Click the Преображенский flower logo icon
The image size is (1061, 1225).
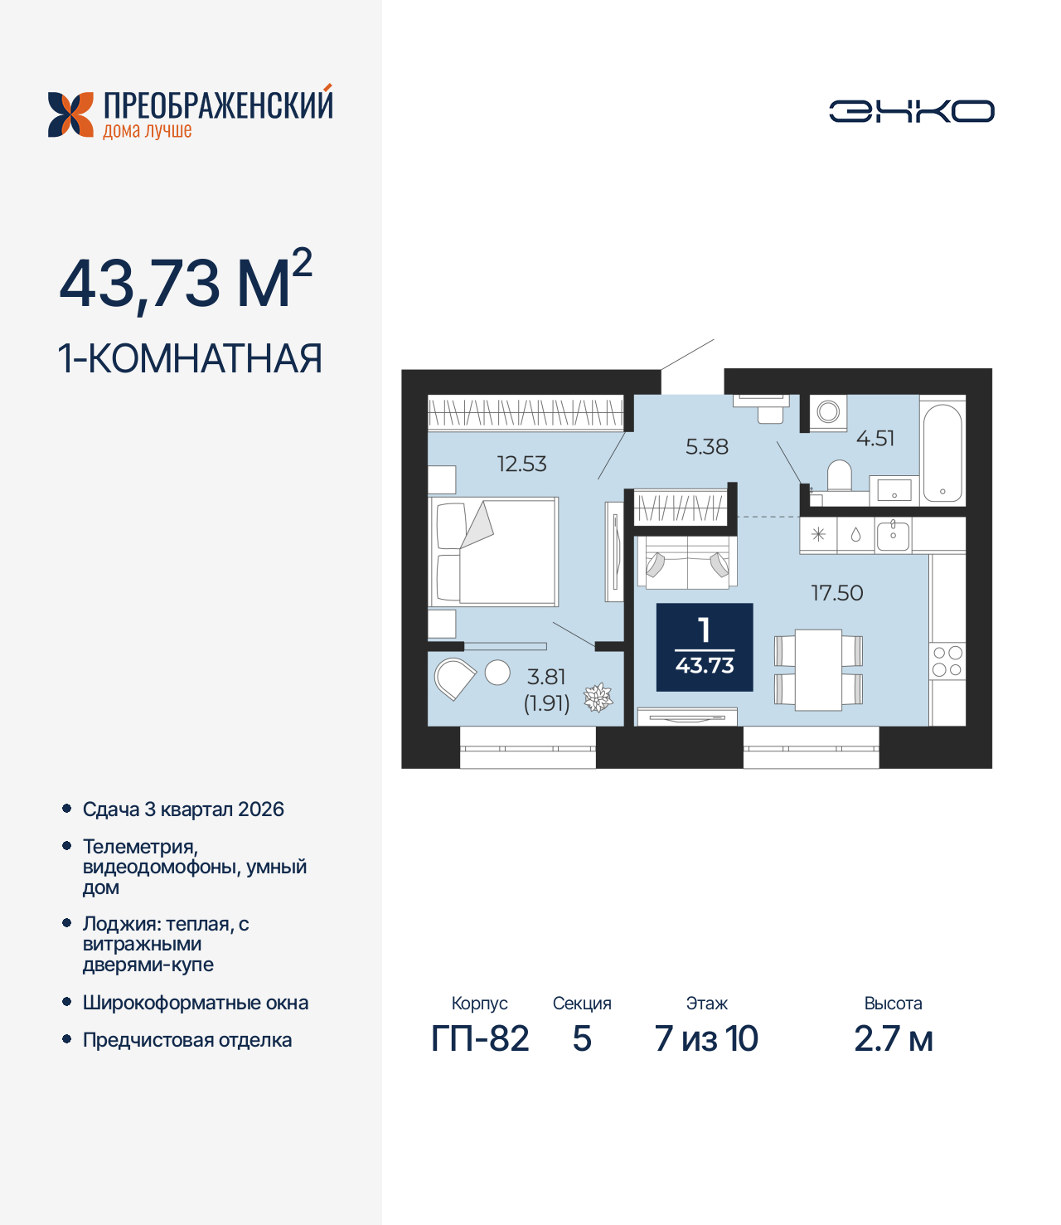[x=70, y=114]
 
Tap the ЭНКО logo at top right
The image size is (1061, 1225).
[x=911, y=111]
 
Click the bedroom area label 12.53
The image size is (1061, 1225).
[x=521, y=464]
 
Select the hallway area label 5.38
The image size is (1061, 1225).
[x=706, y=447]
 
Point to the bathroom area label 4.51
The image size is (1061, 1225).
[x=874, y=438]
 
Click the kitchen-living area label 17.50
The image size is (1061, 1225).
[x=836, y=593]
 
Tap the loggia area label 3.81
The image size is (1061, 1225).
[x=546, y=677]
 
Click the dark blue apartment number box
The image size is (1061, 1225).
[x=705, y=647]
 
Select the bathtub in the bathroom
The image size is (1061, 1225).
[x=942, y=452]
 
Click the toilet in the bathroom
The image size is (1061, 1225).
[x=840, y=476]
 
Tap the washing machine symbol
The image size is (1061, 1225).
[x=828, y=412]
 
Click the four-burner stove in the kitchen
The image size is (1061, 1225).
[x=947, y=661]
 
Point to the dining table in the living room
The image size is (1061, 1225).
[x=818, y=670]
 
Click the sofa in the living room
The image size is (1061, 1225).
[x=686, y=562]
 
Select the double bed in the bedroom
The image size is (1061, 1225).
[x=494, y=552]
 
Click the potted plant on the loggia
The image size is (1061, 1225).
[x=598, y=698]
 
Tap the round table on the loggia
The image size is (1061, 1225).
[x=497, y=673]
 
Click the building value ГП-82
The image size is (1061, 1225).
[x=480, y=1039]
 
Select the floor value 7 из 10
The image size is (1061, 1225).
[x=706, y=1039]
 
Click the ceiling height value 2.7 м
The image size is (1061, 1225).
[x=893, y=1039]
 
